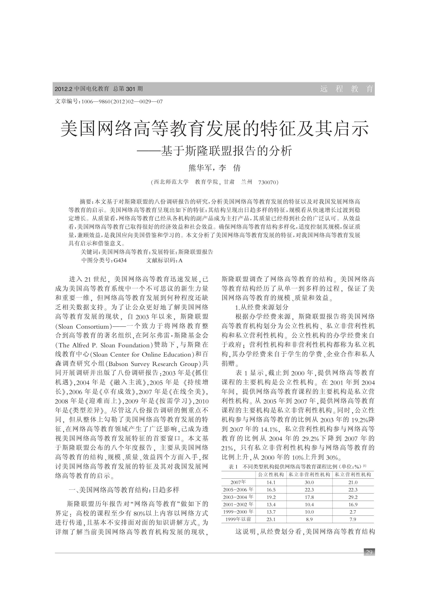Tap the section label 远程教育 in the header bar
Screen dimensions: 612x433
pos(346,89)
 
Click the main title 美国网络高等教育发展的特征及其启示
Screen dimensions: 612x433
pos(215,129)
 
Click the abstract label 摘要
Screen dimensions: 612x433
pos(86,202)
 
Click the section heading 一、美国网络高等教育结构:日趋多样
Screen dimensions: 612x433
pos(124,490)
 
